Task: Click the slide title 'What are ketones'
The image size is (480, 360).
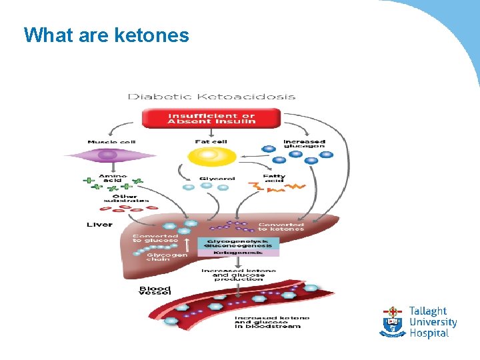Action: (x=107, y=35)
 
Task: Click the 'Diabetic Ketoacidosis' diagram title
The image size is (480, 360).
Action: (x=211, y=96)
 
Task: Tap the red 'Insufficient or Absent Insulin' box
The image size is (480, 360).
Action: (x=211, y=118)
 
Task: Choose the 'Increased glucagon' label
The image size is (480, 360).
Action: (x=304, y=143)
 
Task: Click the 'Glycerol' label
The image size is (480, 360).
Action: (x=217, y=179)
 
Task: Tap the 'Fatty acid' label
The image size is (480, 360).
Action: (x=274, y=179)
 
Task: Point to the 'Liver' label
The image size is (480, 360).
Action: (x=99, y=225)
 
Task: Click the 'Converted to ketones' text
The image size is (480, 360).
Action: (x=281, y=227)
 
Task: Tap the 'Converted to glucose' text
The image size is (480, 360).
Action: (x=155, y=238)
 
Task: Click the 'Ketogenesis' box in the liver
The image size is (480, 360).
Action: (x=237, y=253)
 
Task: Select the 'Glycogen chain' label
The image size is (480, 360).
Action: (x=167, y=256)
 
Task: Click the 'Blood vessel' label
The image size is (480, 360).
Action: (x=154, y=291)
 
